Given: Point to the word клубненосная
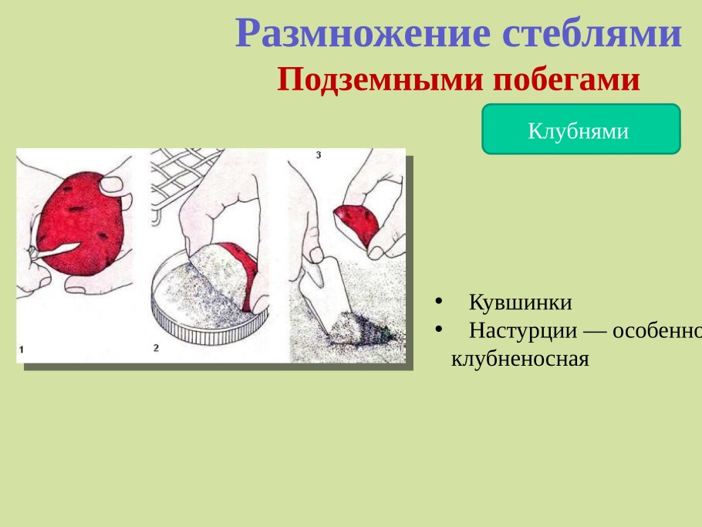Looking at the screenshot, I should tap(520, 359).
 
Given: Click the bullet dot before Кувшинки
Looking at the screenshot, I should tap(438, 302).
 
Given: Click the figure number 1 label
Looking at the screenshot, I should tap(22, 350).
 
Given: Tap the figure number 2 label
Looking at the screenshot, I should tap(156, 348).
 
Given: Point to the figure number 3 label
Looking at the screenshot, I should tap(319, 155).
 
